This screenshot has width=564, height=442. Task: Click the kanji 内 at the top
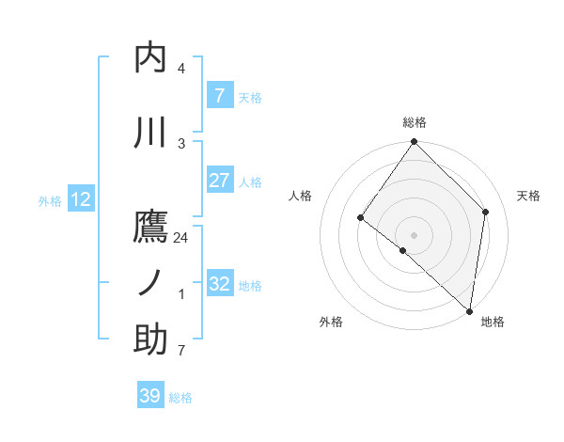tap(150, 58)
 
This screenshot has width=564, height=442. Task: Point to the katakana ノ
tap(150, 283)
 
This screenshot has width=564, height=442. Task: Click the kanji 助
tap(150, 339)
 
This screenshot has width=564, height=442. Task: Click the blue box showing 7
tap(219, 95)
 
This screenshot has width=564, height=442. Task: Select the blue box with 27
tap(219, 181)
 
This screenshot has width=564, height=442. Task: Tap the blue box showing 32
tap(219, 284)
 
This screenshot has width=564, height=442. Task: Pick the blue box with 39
tap(150, 396)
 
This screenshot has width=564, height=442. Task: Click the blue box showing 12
tap(81, 199)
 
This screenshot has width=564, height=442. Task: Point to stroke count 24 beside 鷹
tap(181, 238)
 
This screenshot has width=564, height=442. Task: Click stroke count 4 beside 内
tap(181, 69)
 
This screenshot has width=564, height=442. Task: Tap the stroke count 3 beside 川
tap(181, 143)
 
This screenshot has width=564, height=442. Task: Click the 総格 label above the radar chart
tap(415, 123)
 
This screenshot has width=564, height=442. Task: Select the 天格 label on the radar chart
tap(528, 196)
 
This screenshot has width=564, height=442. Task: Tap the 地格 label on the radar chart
tap(493, 323)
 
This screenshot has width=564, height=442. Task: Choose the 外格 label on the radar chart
tap(331, 323)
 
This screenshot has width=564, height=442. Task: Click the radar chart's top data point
tap(414, 142)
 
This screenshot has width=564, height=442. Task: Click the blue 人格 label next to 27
tap(250, 182)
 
